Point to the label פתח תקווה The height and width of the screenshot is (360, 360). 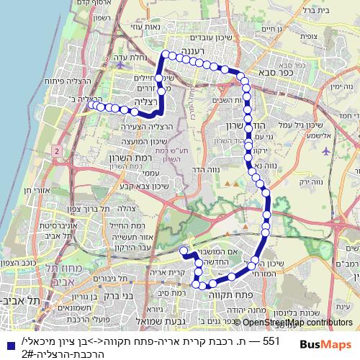[224, 294]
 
